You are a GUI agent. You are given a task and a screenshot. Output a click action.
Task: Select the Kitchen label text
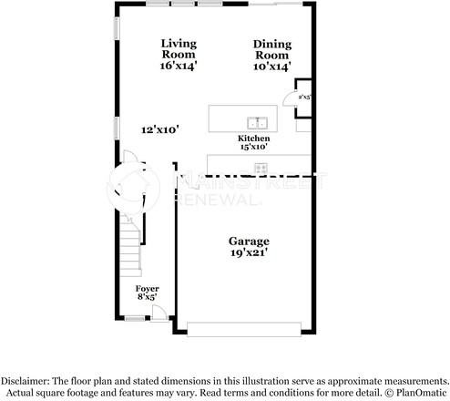coord(253,137)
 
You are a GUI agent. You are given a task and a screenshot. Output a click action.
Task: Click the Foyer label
coord(148,288)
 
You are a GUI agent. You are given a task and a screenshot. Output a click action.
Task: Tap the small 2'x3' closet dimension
coord(304,95)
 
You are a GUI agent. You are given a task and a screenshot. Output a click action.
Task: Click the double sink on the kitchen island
coord(258,121)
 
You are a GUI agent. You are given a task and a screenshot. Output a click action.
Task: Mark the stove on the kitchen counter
coord(261,168)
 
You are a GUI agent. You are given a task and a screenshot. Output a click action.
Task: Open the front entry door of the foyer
coord(159,313)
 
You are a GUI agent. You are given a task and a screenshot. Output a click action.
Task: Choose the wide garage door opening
coord(241,329)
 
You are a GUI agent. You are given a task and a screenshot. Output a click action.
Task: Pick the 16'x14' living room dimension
coord(179,66)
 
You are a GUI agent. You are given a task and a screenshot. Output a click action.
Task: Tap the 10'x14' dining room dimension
coord(271,66)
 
